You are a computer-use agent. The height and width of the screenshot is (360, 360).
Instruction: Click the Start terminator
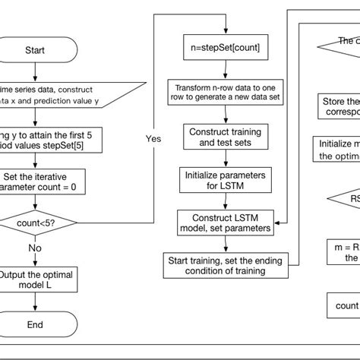(x=35, y=50)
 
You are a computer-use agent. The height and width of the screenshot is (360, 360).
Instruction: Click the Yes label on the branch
(x=153, y=138)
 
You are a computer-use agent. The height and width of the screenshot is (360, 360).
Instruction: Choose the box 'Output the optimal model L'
(x=35, y=280)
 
